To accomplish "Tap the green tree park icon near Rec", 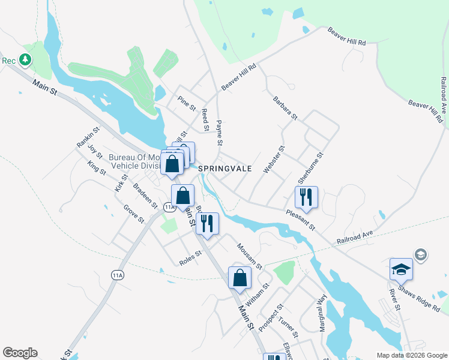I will tap(25, 59).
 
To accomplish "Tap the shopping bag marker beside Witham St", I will tap(240, 277).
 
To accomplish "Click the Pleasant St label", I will tap(300, 219).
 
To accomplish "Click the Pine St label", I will tap(187, 103).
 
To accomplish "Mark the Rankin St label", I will tap(87, 136).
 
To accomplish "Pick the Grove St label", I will tap(133, 214).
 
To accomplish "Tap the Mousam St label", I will tap(249, 256).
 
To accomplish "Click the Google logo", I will tap(20, 353).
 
